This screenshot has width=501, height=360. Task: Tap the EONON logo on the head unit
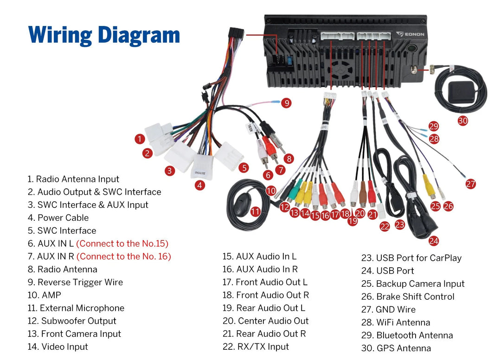pos(410,34)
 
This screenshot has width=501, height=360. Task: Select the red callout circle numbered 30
pos(462,121)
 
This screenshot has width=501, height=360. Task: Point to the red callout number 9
pos(286,103)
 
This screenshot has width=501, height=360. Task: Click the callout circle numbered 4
pos(199,185)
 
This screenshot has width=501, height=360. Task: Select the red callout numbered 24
pos(434,241)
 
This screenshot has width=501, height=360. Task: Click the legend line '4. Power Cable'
pos(58,218)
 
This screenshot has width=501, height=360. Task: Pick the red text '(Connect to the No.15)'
pos(122,244)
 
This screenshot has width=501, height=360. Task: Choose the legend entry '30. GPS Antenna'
pos(396,348)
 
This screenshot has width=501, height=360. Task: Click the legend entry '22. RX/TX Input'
pos(256,347)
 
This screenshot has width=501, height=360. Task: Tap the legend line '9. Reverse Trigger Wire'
pos(75,283)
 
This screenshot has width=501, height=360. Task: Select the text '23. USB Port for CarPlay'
pos(411,258)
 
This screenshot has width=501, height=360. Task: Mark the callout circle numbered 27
pos(471,184)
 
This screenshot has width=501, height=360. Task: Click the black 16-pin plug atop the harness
pos(236,34)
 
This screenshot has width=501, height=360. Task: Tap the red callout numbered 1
pos(140,139)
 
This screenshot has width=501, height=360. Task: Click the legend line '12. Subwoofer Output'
pos(72,321)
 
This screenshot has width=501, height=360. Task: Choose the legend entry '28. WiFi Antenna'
pos(396,322)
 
